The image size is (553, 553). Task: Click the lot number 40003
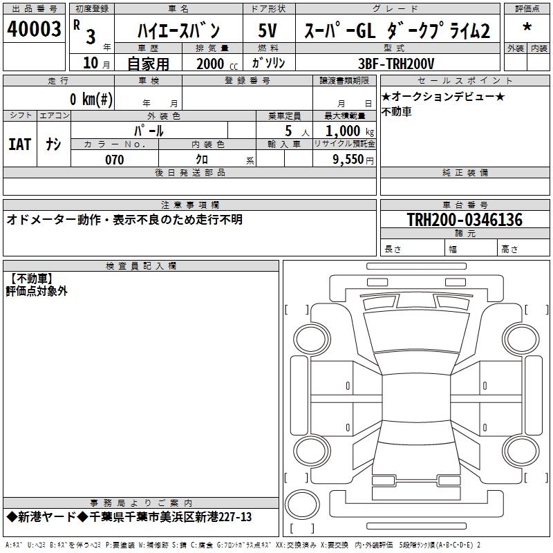pyautogui.click(x=34, y=29)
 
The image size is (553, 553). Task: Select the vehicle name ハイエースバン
pyautogui.click(x=178, y=30)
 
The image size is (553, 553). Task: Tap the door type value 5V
pyautogui.click(x=268, y=30)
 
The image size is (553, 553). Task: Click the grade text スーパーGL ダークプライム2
pyautogui.click(x=393, y=30)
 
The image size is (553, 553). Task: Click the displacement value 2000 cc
pyautogui.click(x=211, y=64)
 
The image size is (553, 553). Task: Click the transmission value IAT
pyautogui.click(x=19, y=144)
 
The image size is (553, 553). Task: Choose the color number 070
pyautogui.click(x=114, y=160)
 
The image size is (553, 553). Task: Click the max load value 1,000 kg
pyautogui.click(x=348, y=131)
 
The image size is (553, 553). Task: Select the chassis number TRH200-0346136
pyautogui.click(x=464, y=220)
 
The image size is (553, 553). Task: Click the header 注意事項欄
pyautogui.click(x=189, y=205)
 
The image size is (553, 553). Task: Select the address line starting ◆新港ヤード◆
pyautogui.click(x=129, y=517)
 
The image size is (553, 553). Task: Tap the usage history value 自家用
pyautogui.click(x=148, y=64)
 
